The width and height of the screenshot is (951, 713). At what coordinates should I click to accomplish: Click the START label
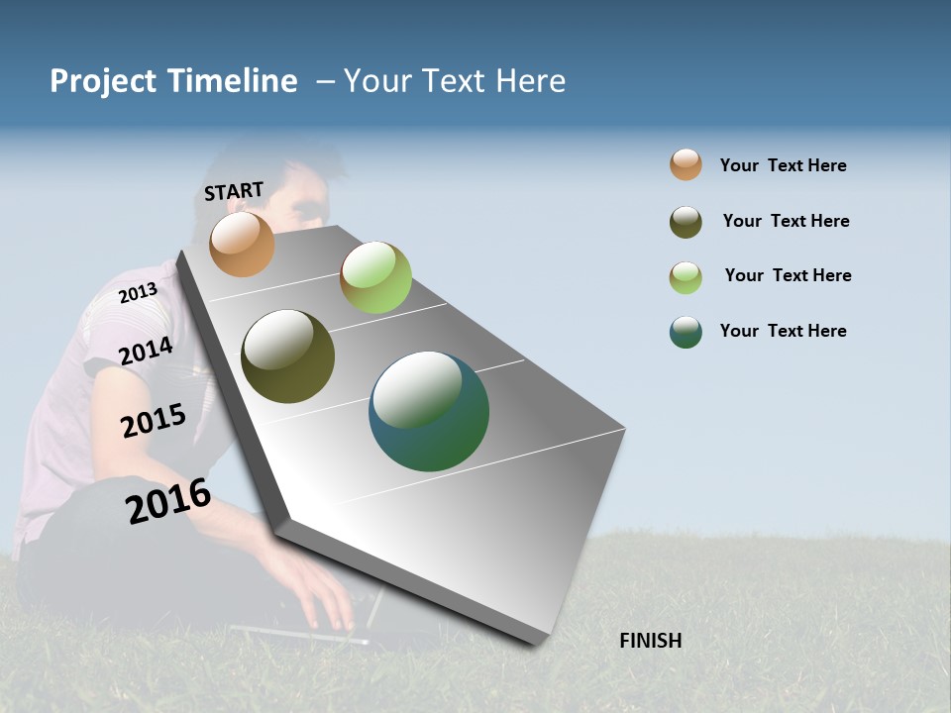tap(234, 191)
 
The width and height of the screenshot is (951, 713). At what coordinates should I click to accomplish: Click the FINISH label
tap(650, 641)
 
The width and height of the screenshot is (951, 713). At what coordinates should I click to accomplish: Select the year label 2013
tap(138, 293)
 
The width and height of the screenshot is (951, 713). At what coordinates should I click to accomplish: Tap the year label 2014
tap(146, 351)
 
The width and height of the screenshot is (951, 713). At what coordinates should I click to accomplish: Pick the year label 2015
tap(153, 421)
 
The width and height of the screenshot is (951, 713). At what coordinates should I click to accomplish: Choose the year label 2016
tap(168, 501)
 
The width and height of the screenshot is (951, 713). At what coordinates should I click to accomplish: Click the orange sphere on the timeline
tap(242, 244)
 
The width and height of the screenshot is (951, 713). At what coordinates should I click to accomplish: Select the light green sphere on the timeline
tap(375, 277)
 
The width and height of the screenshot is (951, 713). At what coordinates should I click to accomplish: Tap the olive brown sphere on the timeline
tap(288, 356)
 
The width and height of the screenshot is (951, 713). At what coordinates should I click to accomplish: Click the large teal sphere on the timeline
tap(429, 411)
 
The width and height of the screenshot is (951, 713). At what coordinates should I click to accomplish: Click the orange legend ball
tap(686, 165)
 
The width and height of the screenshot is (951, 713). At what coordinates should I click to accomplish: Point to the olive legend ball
tap(686, 222)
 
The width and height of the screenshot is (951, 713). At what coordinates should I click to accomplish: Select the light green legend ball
tap(686, 277)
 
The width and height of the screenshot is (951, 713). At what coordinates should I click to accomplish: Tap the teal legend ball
tap(686, 332)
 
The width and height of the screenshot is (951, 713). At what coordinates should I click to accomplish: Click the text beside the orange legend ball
tap(783, 165)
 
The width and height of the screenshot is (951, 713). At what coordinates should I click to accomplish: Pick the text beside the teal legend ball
tap(783, 331)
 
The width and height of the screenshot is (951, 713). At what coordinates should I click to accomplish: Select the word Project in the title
tap(104, 81)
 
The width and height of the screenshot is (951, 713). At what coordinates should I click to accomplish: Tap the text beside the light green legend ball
tap(788, 275)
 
